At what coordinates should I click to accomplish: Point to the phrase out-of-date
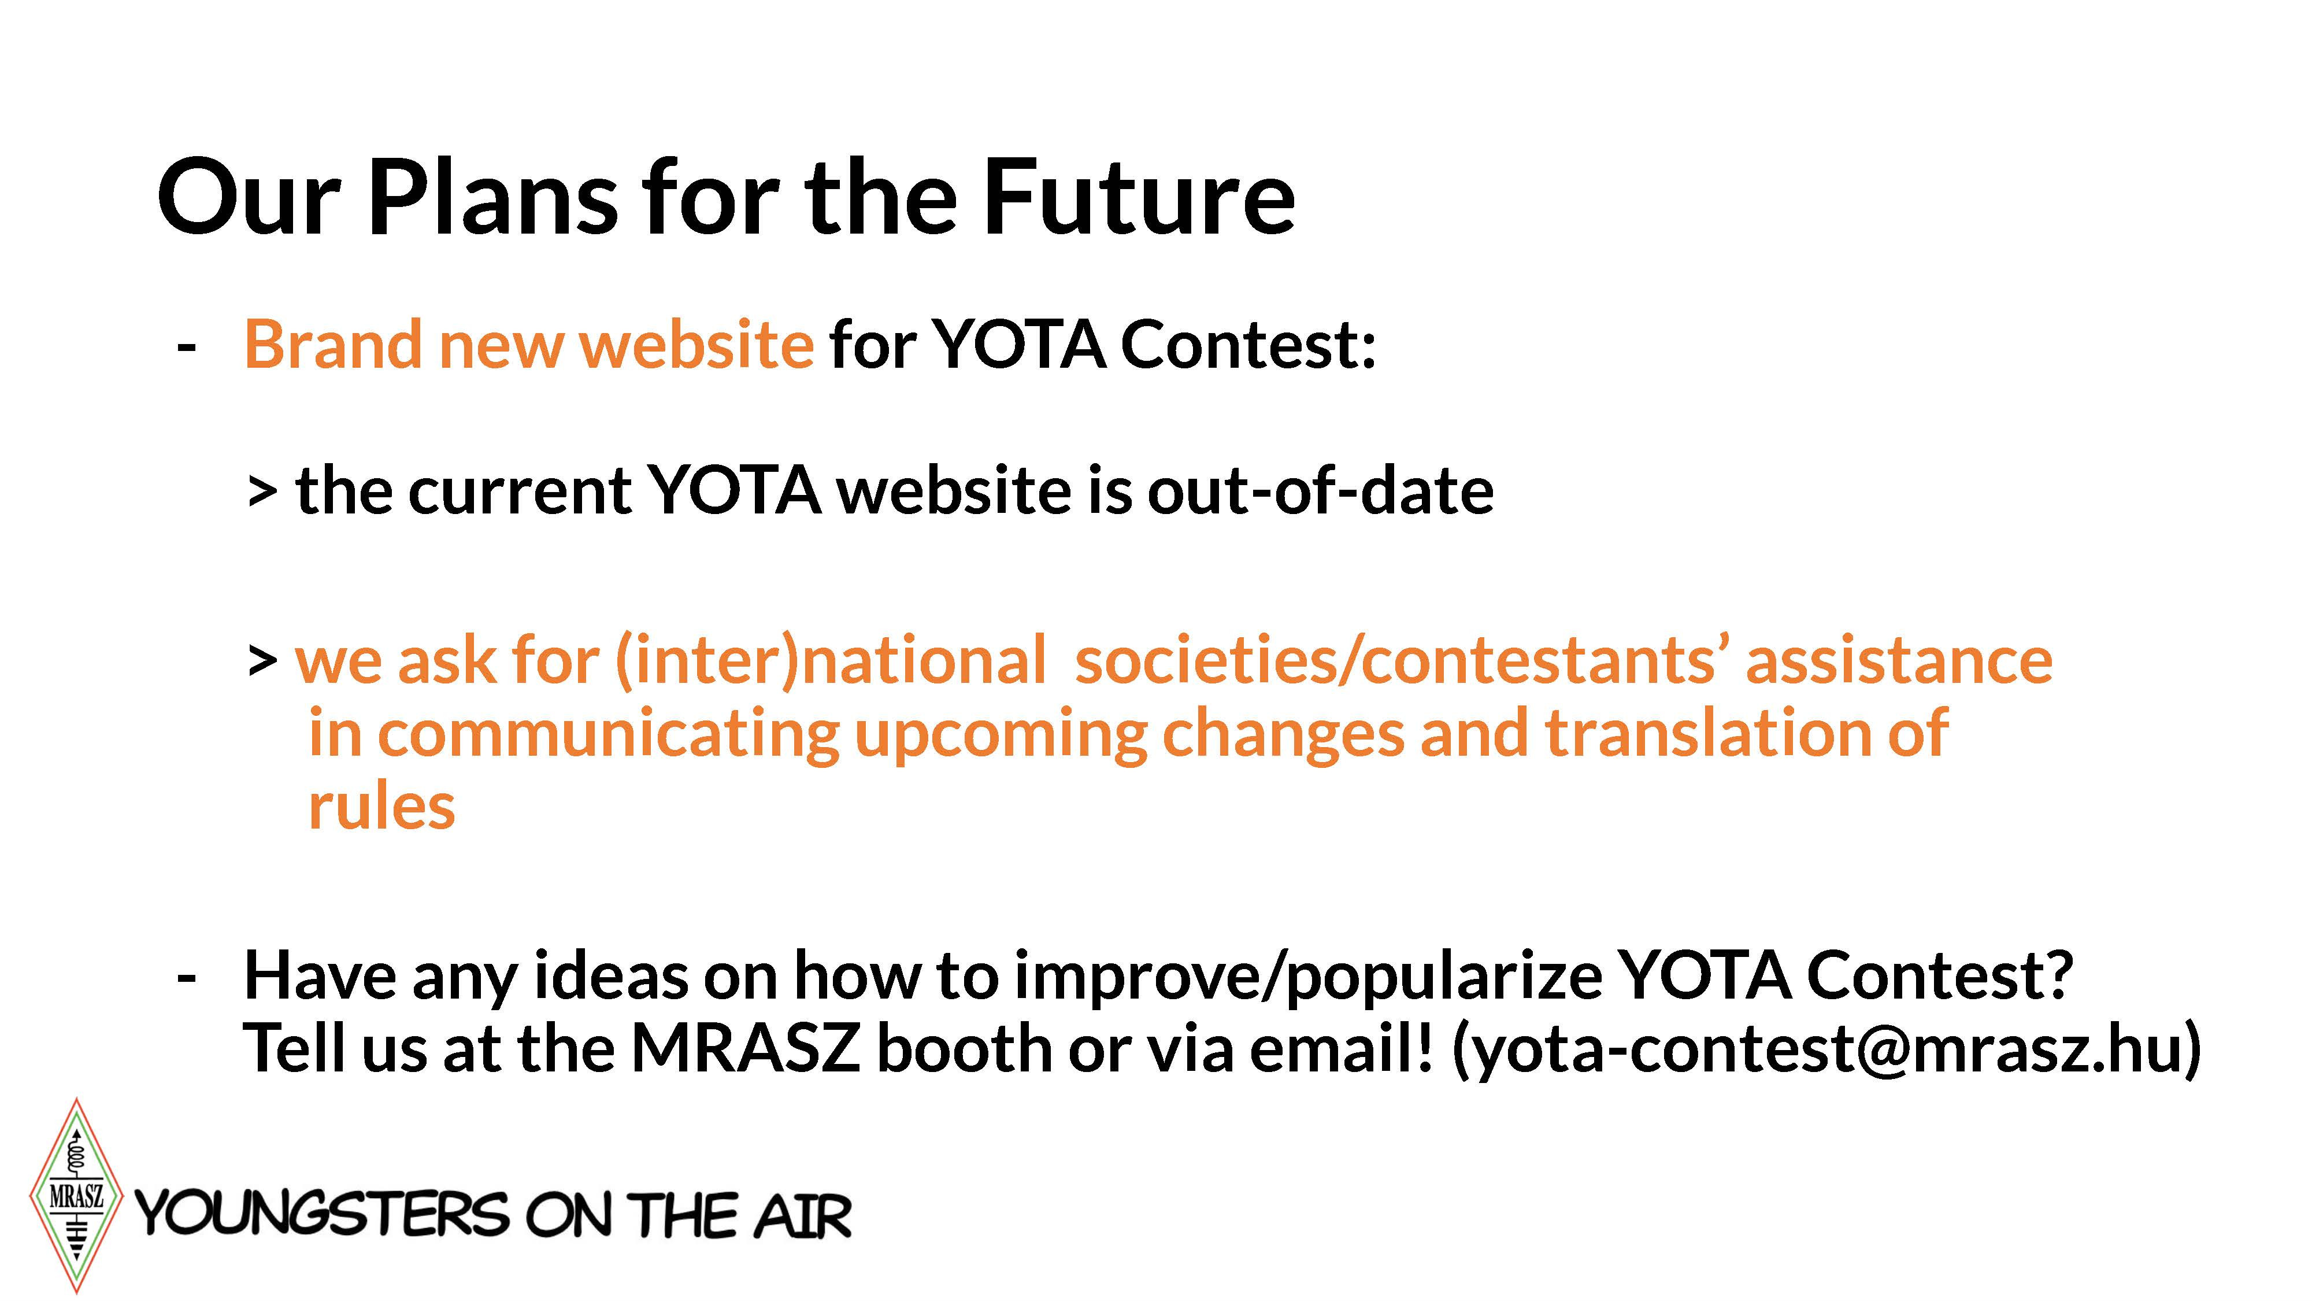tap(1320, 492)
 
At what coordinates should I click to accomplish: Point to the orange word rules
tap(381, 806)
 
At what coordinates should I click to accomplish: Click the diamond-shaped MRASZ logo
tap(76, 1195)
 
